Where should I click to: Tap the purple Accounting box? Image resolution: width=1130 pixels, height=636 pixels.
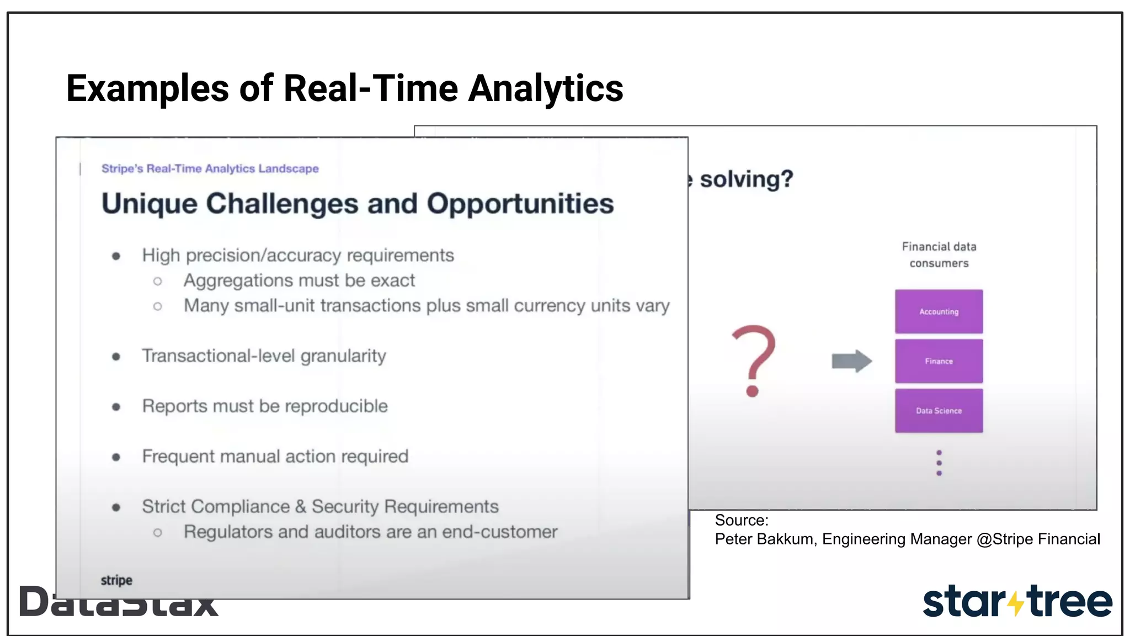[x=939, y=311]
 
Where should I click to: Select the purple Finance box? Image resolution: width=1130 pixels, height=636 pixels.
[x=939, y=361]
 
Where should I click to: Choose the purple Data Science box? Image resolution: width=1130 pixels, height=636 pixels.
[x=939, y=411]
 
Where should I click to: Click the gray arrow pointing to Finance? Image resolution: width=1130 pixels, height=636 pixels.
[x=851, y=361]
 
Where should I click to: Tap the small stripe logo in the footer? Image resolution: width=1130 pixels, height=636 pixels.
[x=116, y=580]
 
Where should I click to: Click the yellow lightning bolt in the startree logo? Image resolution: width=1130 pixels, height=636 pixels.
[x=1015, y=603]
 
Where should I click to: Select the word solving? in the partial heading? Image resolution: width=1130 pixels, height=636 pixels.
[x=746, y=179]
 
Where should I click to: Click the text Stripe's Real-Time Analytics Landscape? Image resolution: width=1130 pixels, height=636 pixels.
[x=210, y=168]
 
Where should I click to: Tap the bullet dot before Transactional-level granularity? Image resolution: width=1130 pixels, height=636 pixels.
[x=116, y=357]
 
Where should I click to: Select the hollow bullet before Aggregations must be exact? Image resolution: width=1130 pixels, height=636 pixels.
[x=158, y=282]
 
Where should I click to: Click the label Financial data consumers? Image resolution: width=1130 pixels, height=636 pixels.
[x=939, y=255]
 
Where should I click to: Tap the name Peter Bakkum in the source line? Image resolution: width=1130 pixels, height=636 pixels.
[x=764, y=539]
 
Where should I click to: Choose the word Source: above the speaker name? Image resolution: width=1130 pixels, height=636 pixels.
[x=741, y=520]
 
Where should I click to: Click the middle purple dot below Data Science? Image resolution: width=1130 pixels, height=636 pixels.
[x=939, y=463]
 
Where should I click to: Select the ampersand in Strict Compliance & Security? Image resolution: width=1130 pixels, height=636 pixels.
[x=300, y=507]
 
